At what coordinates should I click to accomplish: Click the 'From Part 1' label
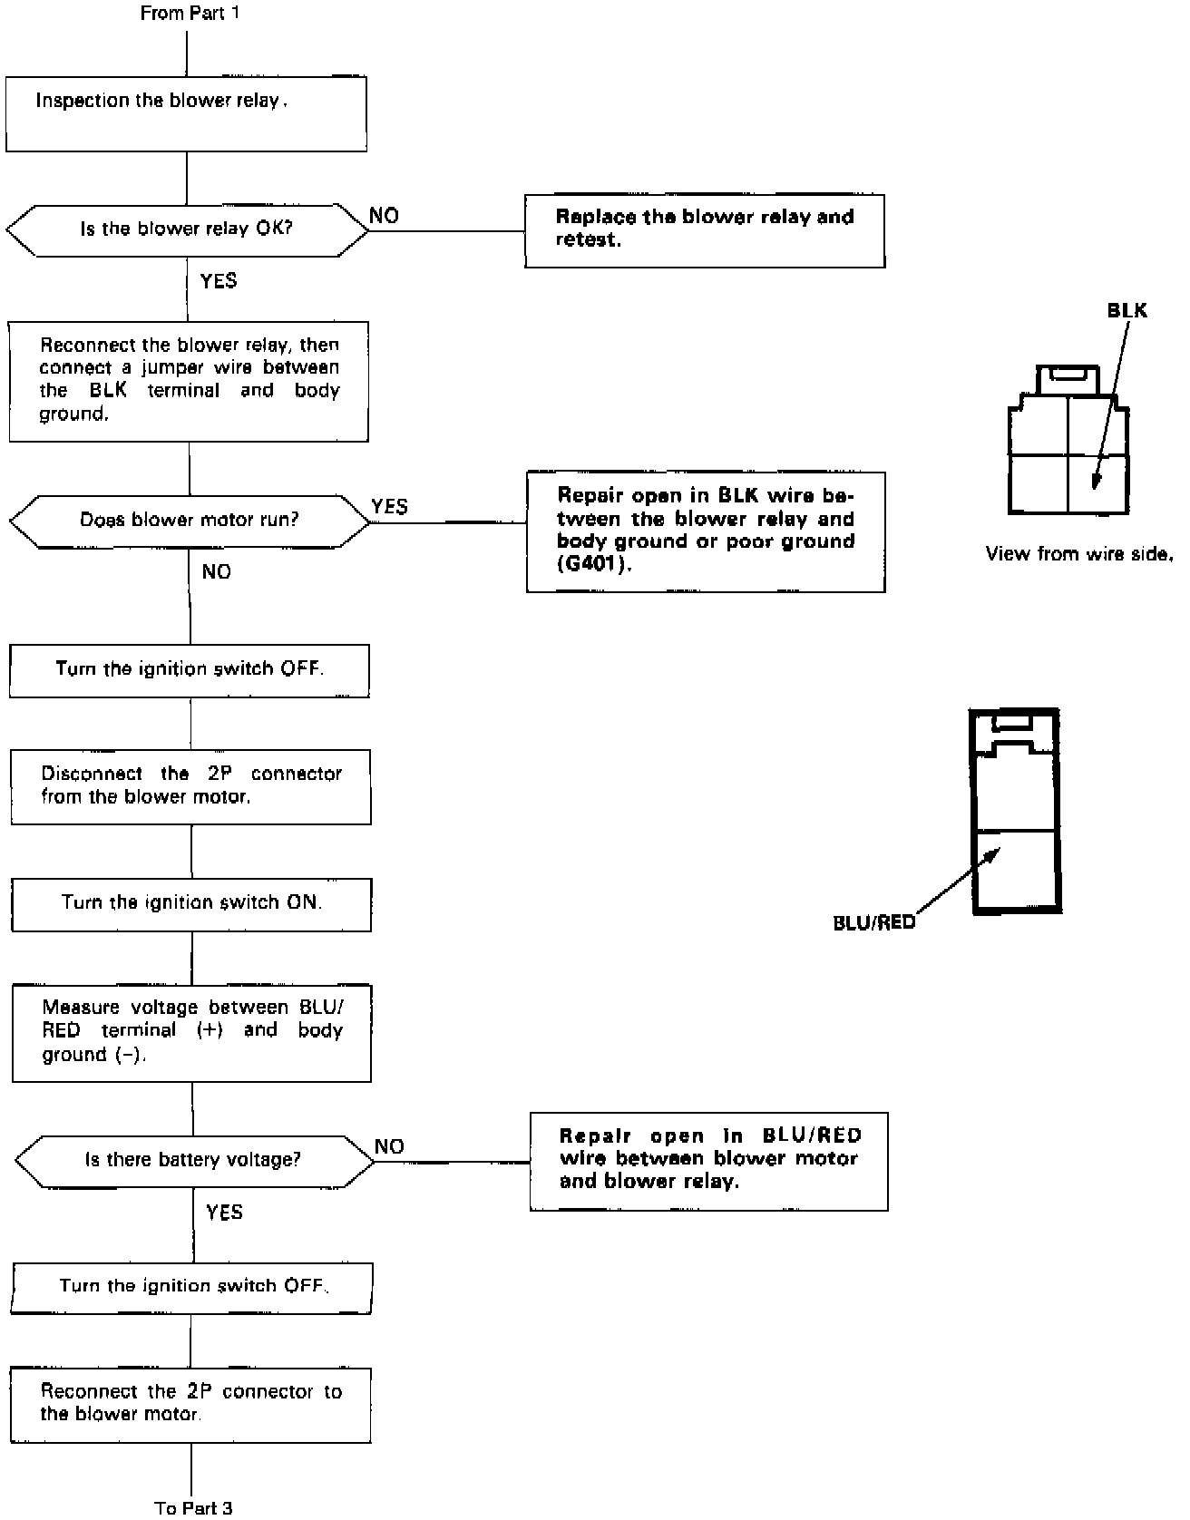click(x=190, y=14)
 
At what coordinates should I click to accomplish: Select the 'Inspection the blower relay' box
click(x=186, y=113)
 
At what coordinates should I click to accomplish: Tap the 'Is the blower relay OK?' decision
click(x=187, y=229)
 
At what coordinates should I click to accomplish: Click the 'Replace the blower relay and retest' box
click(x=704, y=230)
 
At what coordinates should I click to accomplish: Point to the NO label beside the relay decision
click(x=384, y=215)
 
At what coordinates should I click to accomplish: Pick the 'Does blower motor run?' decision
click(x=190, y=521)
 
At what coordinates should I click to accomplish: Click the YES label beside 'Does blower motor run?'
click(x=389, y=506)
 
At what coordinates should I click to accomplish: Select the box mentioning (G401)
click(x=705, y=531)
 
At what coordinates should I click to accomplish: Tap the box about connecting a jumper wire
click(x=189, y=381)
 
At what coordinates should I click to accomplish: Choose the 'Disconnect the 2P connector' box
click(x=190, y=786)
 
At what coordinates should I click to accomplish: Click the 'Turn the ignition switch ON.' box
click(x=191, y=903)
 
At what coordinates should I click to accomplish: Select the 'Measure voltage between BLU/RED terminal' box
click(x=191, y=1033)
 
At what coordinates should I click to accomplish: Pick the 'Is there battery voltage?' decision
click(x=193, y=1160)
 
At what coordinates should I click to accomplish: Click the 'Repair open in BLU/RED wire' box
click(x=708, y=1161)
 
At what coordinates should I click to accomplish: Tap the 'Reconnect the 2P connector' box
click(x=190, y=1404)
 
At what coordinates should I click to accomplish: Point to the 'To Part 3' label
click(x=193, y=1507)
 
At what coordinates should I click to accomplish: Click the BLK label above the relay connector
click(x=1127, y=311)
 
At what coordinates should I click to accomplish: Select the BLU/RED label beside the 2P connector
click(x=873, y=923)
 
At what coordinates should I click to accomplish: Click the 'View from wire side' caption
click(x=1078, y=553)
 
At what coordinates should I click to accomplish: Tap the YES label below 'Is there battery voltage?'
click(x=224, y=1213)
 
